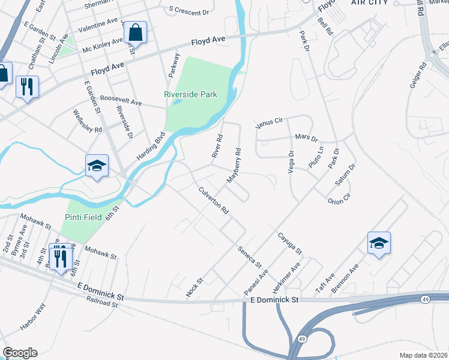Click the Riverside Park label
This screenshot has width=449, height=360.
tap(190, 95)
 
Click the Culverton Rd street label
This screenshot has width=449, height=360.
tap(214, 201)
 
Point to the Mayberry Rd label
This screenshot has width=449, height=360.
tap(234, 166)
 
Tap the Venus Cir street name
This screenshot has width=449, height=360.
tap(268, 124)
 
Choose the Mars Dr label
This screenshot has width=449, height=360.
tap(306, 139)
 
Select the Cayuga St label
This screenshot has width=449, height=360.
tap(289, 244)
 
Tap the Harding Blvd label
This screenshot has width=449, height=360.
tap(154, 146)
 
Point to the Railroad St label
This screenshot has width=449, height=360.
tap(101, 304)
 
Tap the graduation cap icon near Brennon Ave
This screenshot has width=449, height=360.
tap(379, 243)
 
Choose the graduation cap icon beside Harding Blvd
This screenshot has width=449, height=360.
tap(97, 165)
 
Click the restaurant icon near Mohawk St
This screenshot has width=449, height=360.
tap(60, 257)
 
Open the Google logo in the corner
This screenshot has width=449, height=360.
tap(19, 353)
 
